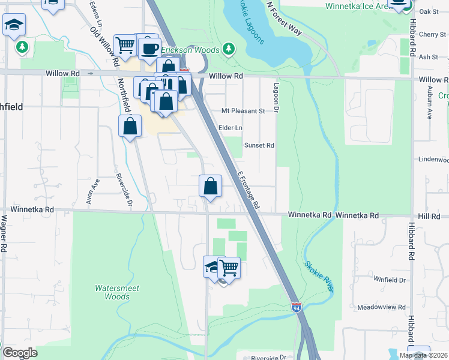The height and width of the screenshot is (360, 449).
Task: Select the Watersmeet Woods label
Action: coord(117,292)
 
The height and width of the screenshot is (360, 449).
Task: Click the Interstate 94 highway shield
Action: coord(297,307)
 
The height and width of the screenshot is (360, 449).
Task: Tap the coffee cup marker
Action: coord(149,49)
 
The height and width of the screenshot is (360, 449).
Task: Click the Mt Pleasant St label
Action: coord(243,111)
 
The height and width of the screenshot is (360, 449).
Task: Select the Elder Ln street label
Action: coord(231,128)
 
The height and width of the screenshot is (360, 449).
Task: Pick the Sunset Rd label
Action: coord(259,145)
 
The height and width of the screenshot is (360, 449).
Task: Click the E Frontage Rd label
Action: coord(248,190)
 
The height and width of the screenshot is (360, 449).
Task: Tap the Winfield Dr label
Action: coord(389,280)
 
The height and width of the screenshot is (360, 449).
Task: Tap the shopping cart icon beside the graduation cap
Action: coord(229,267)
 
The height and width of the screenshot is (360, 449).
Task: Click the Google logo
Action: coord(20,353)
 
